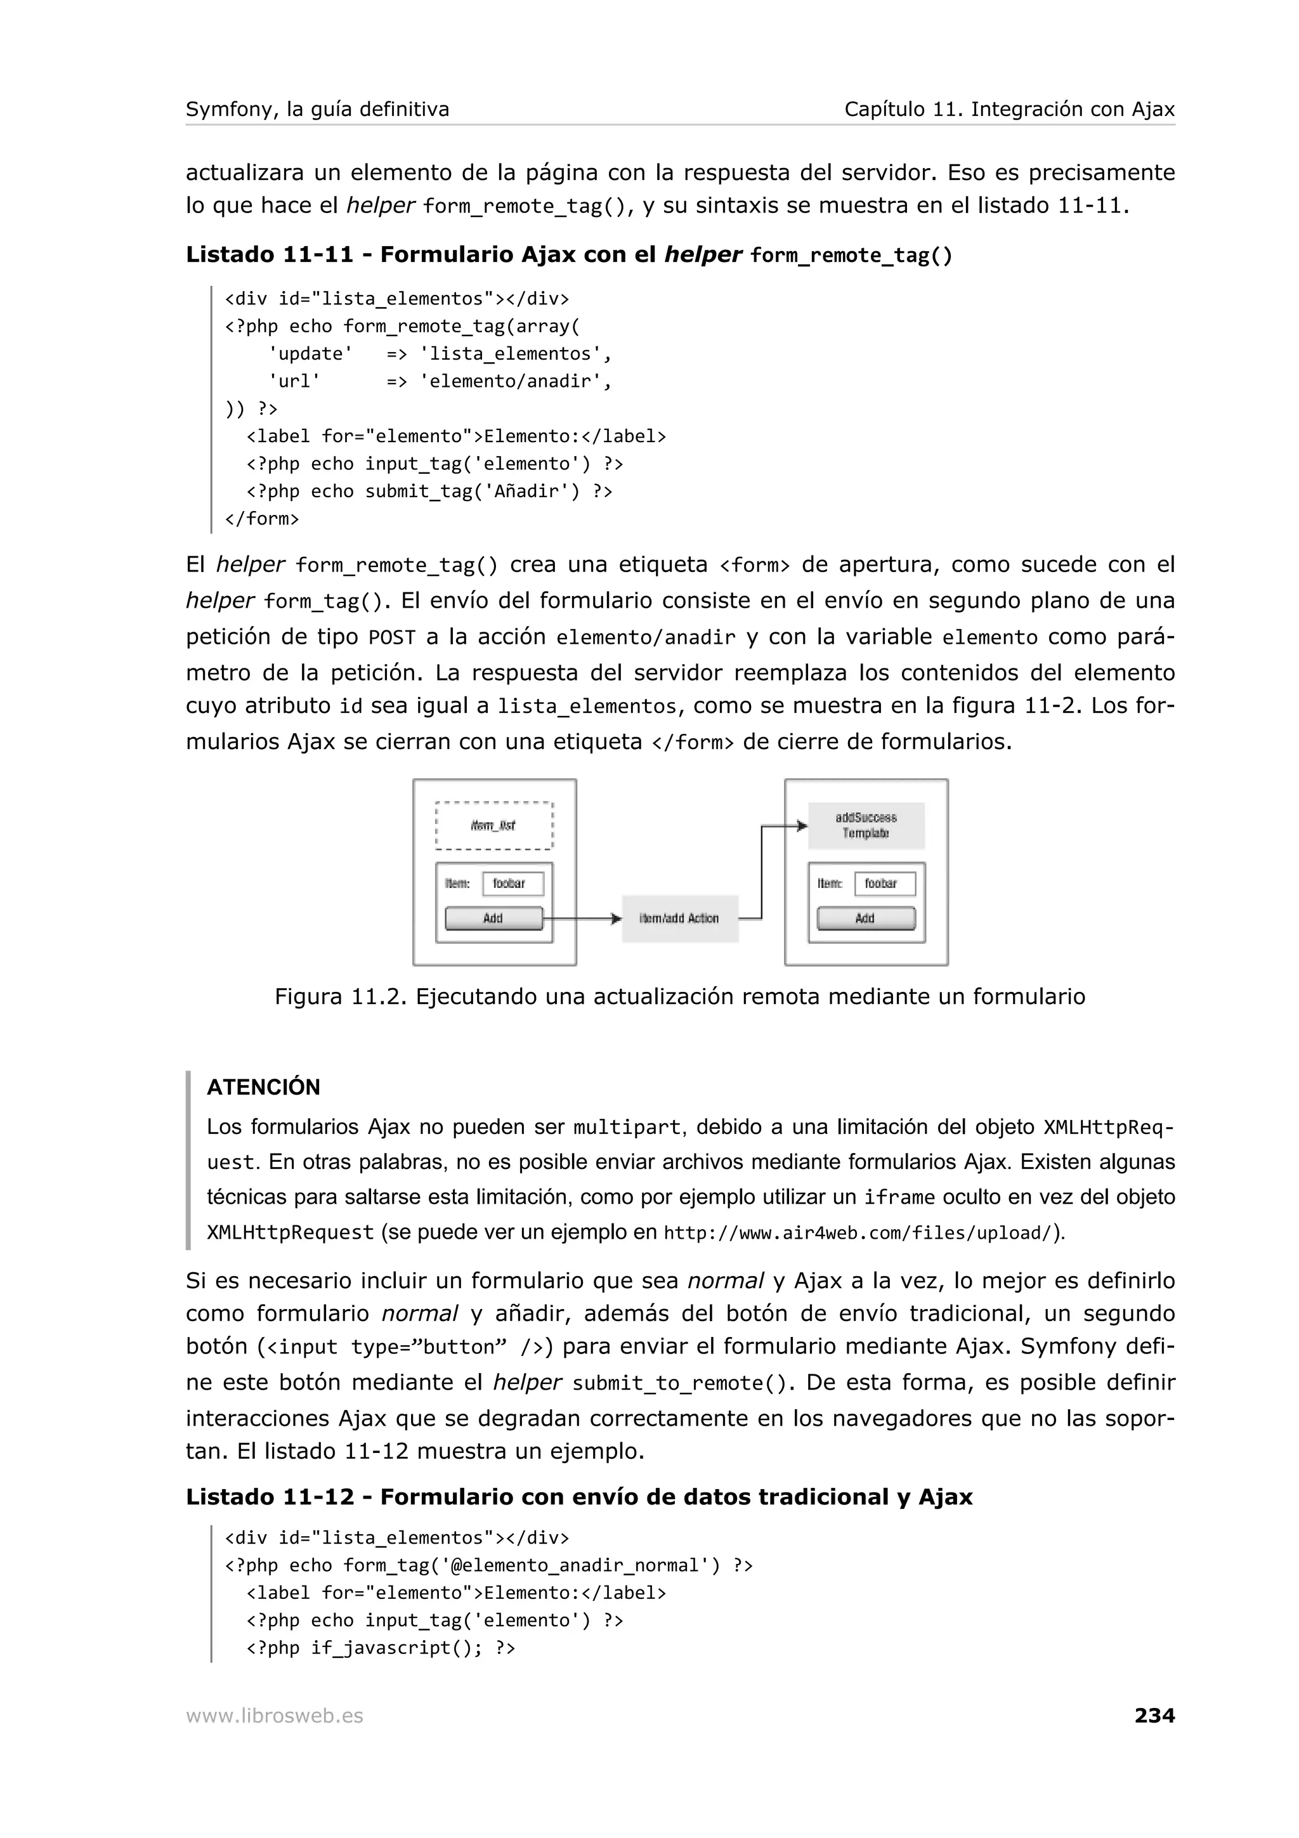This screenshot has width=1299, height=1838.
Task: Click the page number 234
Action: [1154, 1715]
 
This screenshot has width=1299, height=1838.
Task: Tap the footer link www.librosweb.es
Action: [274, 1716]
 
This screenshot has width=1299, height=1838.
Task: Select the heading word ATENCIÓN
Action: [263, 1086]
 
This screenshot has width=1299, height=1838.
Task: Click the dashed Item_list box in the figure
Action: [494, 825]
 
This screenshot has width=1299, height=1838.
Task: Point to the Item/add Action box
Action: [679, 918]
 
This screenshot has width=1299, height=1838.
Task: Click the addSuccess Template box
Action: [866, 825]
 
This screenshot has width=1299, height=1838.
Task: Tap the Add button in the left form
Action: [493, 918]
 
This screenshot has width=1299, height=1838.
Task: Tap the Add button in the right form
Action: [865, 918]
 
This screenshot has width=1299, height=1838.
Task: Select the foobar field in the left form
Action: [512, 883]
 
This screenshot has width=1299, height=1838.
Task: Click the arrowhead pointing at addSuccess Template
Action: [801, 825]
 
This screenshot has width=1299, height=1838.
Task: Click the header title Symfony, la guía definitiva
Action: [317, 109]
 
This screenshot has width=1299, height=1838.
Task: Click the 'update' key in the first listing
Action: [311, 354]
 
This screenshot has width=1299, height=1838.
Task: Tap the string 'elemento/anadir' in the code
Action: [514, 381]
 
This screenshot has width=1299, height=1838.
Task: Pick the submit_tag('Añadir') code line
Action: [429, 491]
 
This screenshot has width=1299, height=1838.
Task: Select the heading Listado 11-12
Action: [270, 1497]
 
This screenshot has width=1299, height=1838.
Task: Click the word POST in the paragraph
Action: [391, 637]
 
